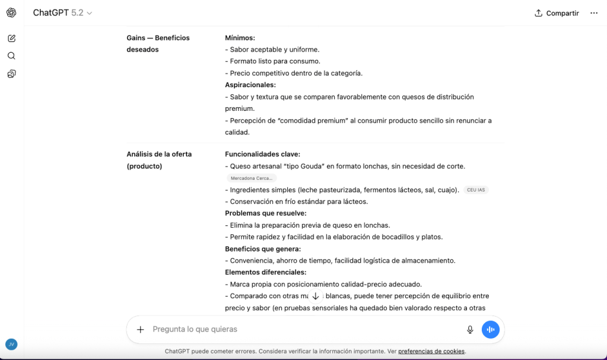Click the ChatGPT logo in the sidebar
click(11, 12)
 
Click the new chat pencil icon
click(11, 39)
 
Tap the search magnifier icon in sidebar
click(11, 56)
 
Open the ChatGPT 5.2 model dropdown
click(62, 13)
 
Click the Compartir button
click(557, 13)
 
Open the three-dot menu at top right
click(593, 13)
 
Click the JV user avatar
click(11, 344)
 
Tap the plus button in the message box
click(141, 329)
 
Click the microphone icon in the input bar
click(470, 329)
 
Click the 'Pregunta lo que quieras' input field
click(297, 329)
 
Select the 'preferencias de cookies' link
click(431, 351)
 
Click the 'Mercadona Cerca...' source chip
click(252, 178)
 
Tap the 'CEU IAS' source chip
click(476, 190)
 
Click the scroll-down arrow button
click(316, 296)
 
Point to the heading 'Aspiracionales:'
click(250, 85)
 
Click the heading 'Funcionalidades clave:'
click(262, 154)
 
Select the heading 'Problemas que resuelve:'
click(265, 214)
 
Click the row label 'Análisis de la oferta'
click(159, 154)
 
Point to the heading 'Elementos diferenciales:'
click(265, 272)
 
